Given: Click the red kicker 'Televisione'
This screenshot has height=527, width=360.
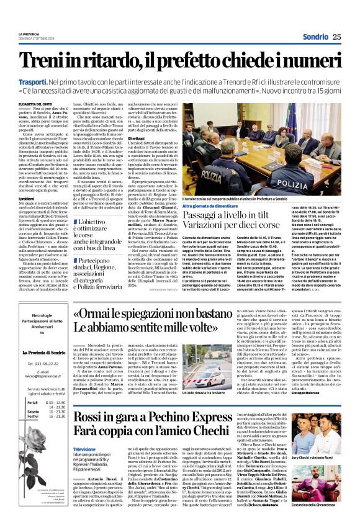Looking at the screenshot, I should [84, 449].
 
